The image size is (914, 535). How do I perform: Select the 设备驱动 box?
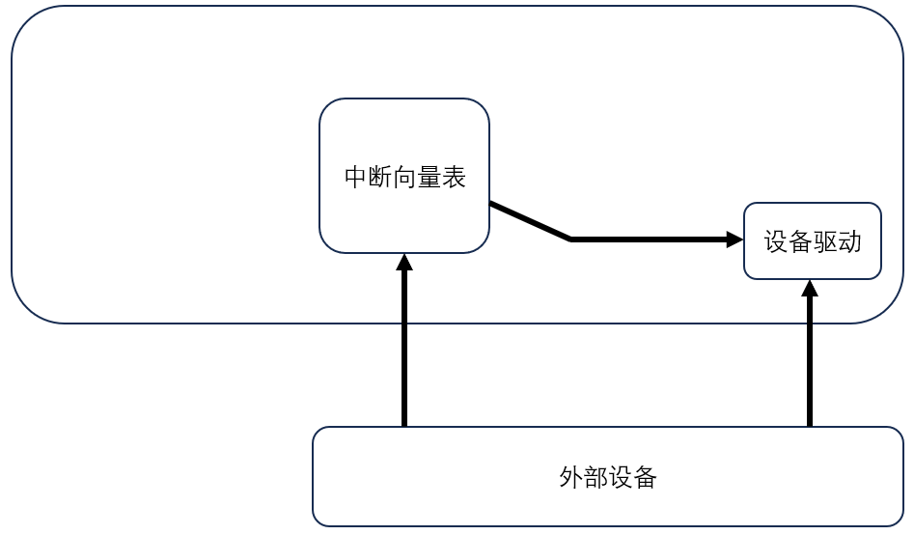pyautogui.click(x=812, y=263)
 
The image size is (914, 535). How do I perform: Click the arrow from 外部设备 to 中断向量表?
pyautogui.click(x=404, y=348)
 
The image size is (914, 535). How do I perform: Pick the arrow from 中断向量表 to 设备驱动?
pyautogui.click(x=647, y=239)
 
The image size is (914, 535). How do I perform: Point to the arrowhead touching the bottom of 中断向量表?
pyautogui.click(x=404, y=262)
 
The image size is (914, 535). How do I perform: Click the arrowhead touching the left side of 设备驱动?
pyautogui.click(x=734, y=239)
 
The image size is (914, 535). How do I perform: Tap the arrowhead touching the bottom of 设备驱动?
pyautogui.click(x=810, y=288)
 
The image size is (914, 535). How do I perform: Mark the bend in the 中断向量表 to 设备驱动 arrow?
pyautogui.click(x=571, y=239)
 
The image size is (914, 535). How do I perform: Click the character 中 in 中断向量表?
pyautogui.click(x=356, y=178)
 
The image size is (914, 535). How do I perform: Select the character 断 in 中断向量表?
pyautogui.click(x=380, y=178)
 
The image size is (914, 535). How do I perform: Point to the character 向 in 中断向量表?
pyautogui.click(x=405, y=178)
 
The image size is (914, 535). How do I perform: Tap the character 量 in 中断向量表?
pyautogui.click(x=429, y=178)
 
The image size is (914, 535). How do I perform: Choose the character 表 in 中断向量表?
pyautogui.click(x=454, y=178)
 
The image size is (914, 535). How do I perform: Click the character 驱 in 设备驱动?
pyautogui.click(x=824, y=241)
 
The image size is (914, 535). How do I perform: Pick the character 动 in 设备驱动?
pyautogui.click(x=848, y=241)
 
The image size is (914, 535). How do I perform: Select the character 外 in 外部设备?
pyautogui.click(x=571, y=477)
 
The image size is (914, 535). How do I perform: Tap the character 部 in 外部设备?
pyautogui.click(x=595, y=477)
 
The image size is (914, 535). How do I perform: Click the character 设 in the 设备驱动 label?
pyautogui.click(x=776, y=241)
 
